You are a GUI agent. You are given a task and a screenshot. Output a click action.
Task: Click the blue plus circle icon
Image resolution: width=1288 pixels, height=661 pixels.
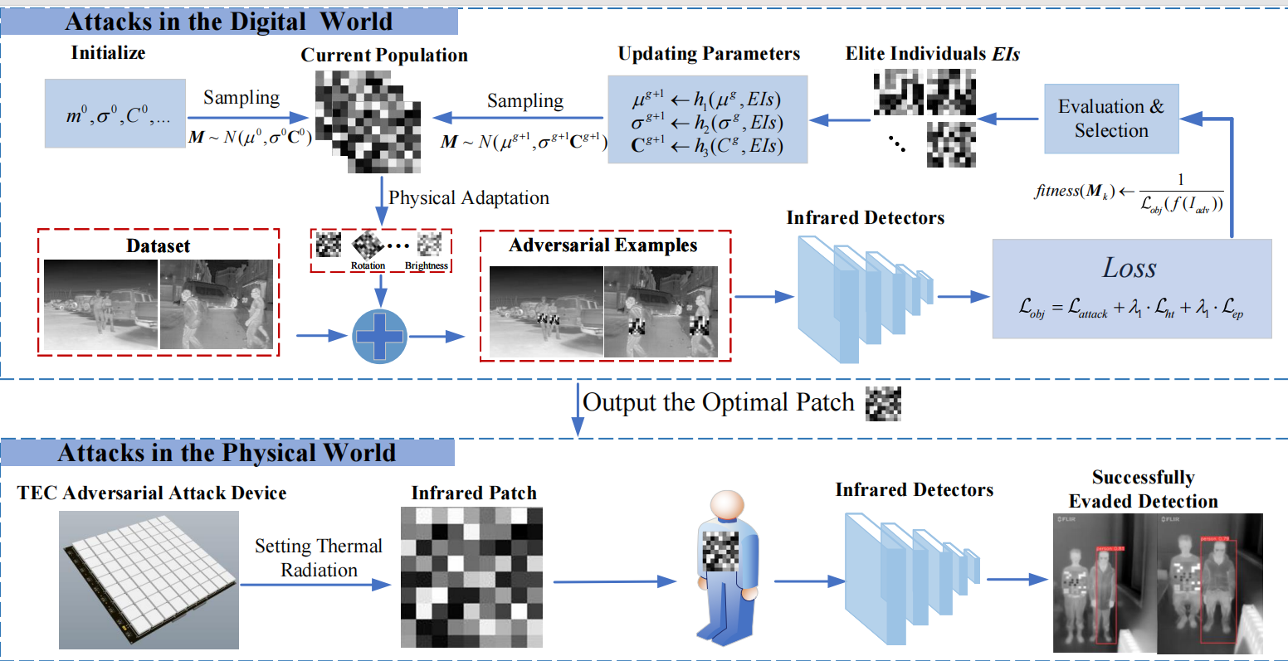pos(380,335)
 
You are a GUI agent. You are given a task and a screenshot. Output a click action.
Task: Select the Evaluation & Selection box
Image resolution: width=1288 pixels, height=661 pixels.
pos(1110,119)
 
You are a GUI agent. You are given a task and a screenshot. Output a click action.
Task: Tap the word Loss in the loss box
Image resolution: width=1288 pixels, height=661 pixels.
pos(1129,268)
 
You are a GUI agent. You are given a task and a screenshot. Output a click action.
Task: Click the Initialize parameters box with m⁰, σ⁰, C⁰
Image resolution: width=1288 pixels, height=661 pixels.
pos(115,114)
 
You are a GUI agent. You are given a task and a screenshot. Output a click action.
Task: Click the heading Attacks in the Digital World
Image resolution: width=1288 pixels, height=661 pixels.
pos(229,21)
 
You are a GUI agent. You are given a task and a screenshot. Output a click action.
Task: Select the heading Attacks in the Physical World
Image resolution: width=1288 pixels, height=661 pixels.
pos(227,453)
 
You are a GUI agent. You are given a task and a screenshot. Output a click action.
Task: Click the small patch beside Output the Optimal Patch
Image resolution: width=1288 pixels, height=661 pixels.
pos(883,404)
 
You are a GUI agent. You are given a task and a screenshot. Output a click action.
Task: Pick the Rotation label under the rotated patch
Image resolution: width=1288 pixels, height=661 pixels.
pos(368,266)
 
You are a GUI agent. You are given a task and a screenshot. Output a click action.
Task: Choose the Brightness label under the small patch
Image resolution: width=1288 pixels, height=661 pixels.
pos(427,266)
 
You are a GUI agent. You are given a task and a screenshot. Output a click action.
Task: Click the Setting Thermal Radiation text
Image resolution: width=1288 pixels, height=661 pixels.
pos(319,558)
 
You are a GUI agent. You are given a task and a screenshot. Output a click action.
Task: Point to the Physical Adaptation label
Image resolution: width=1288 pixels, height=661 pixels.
pos(469,198)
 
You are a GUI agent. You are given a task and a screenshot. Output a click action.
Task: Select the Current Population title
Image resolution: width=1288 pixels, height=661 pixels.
pos(384,56)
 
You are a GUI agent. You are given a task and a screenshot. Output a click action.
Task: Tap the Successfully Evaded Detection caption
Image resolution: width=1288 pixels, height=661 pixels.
pos(1143,489)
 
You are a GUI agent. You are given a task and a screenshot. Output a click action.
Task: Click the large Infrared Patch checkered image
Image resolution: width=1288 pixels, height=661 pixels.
pos(471,576)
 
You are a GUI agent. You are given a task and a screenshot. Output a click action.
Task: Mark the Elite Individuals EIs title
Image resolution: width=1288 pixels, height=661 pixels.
pos(933,54)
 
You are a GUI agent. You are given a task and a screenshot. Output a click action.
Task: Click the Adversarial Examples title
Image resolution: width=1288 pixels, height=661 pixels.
pos(603,245)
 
